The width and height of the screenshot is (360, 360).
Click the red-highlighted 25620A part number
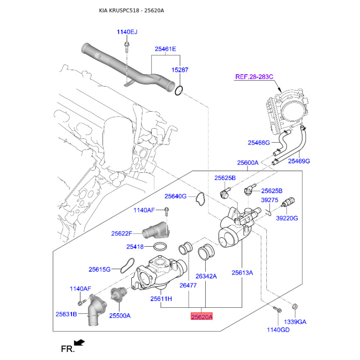point(201,317)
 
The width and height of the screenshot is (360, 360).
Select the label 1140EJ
point(127,32)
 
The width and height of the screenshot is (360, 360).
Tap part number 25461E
point(166,49)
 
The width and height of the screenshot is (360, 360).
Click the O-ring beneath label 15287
point(179,90)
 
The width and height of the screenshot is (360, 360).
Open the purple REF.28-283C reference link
point(254,77)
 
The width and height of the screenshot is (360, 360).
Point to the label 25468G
point(259,143)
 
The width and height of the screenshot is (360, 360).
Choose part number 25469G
point(299,161)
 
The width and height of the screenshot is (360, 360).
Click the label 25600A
point(248,162)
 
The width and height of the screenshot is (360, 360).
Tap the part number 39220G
point(287,218)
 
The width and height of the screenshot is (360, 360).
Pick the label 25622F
point(122,234)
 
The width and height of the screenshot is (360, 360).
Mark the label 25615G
point(99,269)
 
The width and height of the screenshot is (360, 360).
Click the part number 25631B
point(67,314)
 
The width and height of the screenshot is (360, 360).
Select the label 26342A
point(206,276)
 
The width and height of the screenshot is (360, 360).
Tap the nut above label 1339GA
point(294,307)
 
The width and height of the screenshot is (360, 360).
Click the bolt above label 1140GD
point(276,309)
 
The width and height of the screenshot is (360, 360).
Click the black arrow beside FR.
point(80,342)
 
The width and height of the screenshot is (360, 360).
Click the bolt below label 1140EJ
point(127,45)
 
